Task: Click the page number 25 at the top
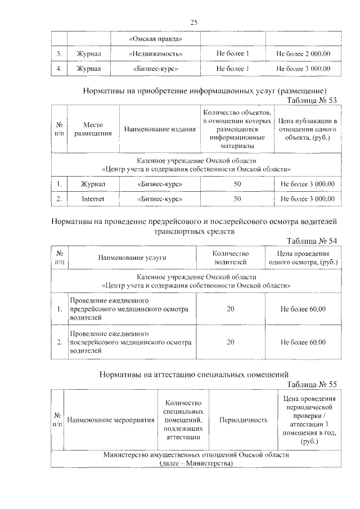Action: click(193, 22)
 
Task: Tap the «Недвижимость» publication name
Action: click(156, 54)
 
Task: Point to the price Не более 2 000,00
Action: click(303, 54)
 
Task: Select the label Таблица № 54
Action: click(312, 241)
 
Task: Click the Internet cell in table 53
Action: click(93, 199)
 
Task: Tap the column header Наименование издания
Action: click(160, 129)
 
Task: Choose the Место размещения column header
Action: click(92, 129)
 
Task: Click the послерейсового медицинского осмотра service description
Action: click(129, 342)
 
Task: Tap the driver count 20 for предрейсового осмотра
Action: click(230, 309)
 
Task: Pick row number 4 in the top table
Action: click(59, 69)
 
